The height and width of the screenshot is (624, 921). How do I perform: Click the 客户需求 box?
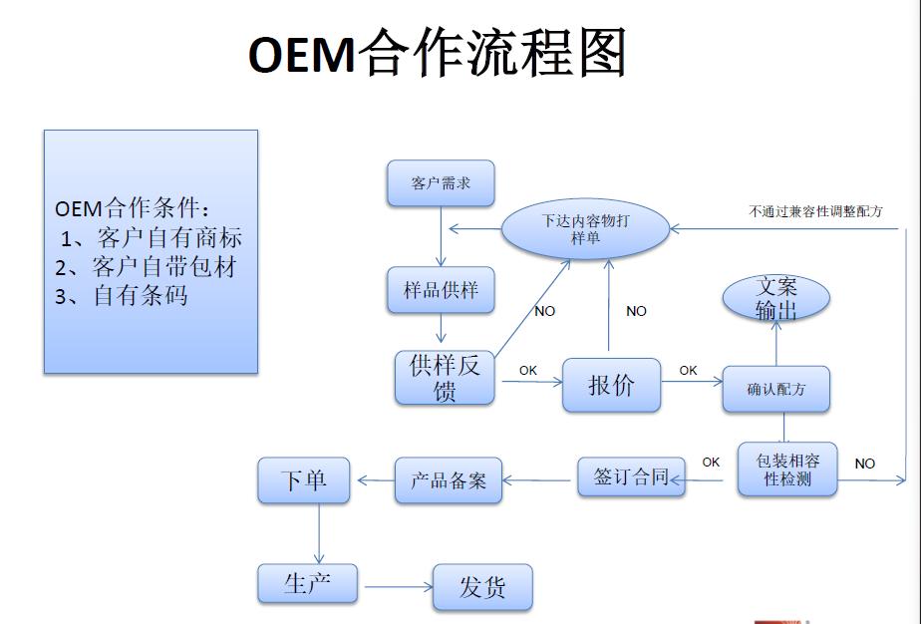coord(441,183)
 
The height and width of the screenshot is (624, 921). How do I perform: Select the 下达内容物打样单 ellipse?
coord(585,228)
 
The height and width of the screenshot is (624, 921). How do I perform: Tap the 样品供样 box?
coord(441,290)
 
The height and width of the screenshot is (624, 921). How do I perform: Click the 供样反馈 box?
coord(445,378)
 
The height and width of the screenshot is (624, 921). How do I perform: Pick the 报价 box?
coord(611,385)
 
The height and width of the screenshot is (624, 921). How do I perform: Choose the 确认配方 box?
coord(775,390)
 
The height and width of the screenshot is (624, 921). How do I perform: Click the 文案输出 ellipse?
coord(776,299)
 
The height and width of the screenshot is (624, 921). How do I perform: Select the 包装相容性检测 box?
coord(786,469)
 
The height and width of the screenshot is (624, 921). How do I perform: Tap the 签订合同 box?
coord(631,476)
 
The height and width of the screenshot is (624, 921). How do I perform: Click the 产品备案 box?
coord(449,479)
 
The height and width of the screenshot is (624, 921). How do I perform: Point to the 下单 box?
coord(304,480)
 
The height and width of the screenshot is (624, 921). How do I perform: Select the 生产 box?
coord(307,583)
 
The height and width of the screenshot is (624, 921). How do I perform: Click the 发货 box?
coord(482,587)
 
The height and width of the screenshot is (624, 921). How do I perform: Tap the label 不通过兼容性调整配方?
coord(815,211)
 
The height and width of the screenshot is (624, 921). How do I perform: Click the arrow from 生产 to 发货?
coord(396,587)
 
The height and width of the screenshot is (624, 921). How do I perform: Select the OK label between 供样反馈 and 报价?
coord(527,370)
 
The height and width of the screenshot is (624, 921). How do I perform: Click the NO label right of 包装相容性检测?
coord(865,464)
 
